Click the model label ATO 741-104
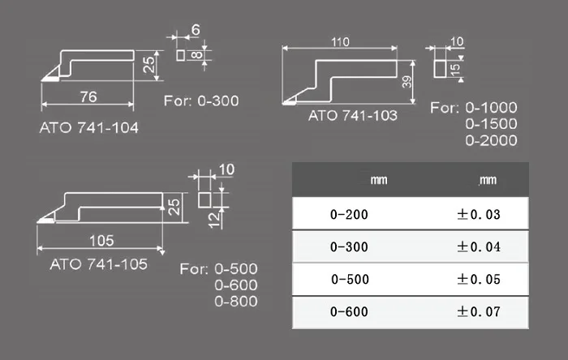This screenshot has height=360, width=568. click(88, 128)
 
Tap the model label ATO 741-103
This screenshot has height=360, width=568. click(353, 115)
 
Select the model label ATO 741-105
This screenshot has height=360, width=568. click(98, 264)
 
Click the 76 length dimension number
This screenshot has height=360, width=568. click(88, 96)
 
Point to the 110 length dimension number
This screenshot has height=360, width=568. click(340, 42)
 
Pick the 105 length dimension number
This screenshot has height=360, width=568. click(101, 241)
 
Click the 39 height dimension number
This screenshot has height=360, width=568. click(407, 82)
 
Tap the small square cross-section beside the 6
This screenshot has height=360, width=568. click(180, 55)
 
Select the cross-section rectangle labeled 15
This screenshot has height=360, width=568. click(440, 69)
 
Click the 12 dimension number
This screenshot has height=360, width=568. click(215, 220)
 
